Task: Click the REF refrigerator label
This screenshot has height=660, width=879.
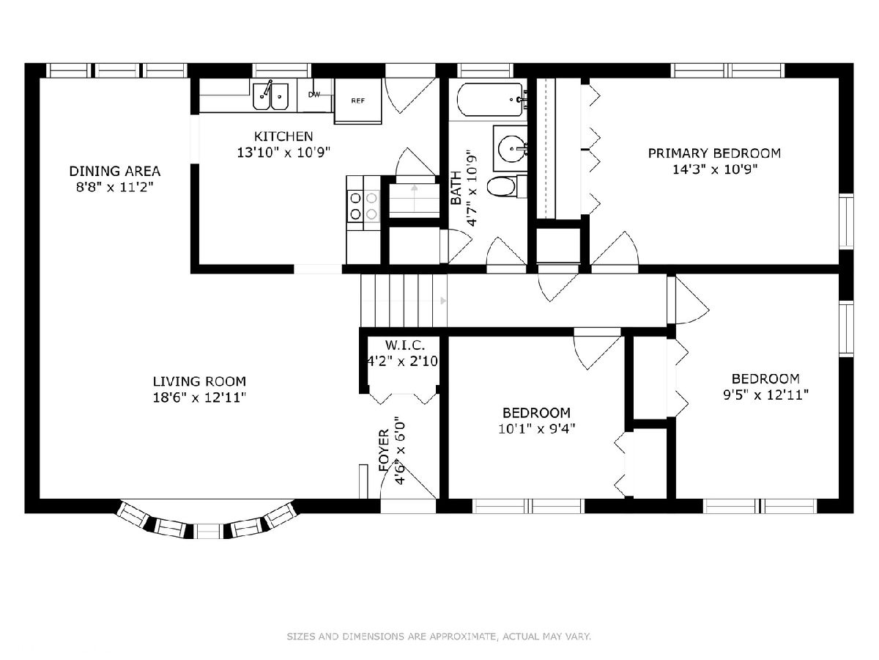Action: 357,100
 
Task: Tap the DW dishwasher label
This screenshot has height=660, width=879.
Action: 314,95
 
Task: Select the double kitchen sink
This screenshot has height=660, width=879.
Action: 270,96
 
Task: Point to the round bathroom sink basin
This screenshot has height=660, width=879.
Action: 511,149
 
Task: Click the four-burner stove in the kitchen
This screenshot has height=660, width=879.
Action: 363,205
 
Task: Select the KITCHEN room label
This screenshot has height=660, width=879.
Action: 283,136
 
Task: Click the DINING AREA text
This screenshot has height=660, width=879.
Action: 115,171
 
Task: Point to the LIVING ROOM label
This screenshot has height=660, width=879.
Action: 199,381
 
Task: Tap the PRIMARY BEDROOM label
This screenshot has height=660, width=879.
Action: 714,153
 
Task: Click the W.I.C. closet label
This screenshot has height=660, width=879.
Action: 405,345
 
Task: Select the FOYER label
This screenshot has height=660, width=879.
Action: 384,450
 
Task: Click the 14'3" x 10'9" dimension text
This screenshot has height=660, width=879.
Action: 715,169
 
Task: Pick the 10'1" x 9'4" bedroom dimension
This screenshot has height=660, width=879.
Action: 537,429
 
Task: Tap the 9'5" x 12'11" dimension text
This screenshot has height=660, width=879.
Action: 765,395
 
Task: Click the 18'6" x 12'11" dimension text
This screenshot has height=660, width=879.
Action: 199,397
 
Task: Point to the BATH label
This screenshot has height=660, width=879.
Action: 456,188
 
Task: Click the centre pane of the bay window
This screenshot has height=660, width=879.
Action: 208,531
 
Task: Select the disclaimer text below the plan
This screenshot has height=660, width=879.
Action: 439,637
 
